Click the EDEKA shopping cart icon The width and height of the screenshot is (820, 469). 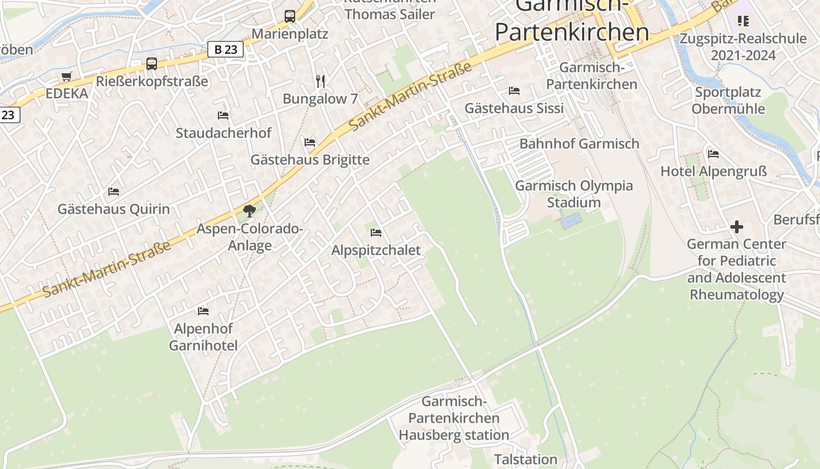(67, 77)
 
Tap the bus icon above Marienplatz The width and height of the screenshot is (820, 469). (290, 16)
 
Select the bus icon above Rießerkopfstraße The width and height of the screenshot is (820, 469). (152, 64)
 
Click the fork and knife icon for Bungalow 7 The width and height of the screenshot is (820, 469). (320, 81)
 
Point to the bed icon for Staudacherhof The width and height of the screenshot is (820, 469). (223, 115)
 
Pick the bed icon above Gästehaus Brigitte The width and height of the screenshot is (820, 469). (310, 142)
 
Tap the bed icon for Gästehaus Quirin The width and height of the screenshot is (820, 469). (114, 191)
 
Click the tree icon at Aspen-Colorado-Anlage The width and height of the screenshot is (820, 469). (250, 210)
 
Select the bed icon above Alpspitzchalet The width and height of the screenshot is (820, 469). (376, 233)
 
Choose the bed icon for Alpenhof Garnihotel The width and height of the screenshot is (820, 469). (203, 311)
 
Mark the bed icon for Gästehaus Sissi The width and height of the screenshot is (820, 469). (514, 90)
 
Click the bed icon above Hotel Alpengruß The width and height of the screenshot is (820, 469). (713, 154)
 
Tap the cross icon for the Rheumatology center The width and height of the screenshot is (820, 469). (737, 226)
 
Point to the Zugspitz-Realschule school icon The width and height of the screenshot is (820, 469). (743, 22)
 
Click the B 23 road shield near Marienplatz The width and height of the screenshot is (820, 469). (225, 50)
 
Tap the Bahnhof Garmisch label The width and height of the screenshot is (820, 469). (579, 144)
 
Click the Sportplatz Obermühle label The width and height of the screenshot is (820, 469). (728, 100)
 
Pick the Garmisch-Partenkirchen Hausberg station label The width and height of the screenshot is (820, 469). (454, 418)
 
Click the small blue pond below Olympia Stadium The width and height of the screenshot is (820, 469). (571, 221)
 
